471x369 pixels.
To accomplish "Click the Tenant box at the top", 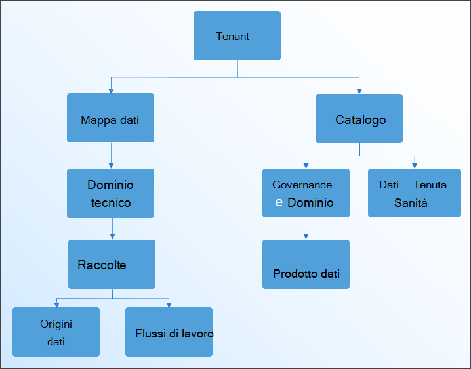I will click(x=237, y=35).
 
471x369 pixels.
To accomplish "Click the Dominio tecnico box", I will click(x=110, y=193).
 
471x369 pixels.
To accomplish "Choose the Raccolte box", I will click(x=112, y=264).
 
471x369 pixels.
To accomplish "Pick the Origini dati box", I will click(x=56, y=332).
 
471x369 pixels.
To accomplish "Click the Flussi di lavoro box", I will click(x=169, y=332).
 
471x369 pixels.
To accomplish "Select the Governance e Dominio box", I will click(x=306, y=193).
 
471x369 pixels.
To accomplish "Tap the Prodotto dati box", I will click(x=306, y=264).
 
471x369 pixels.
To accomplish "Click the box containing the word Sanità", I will click(x=414, y=193).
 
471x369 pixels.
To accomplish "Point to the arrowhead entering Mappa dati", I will click(x=111, y=89).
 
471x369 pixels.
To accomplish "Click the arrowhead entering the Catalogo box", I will click(x=359, y=90).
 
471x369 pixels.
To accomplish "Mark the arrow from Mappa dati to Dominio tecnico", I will click(x=111, y=156).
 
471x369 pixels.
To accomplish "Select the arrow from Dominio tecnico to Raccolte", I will click(x=112, y=228).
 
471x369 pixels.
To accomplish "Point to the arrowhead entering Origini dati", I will click(x=56, y=304).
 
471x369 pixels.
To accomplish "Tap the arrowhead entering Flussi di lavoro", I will click(x=169, y=304).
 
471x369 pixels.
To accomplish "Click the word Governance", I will click(x=302, y=185).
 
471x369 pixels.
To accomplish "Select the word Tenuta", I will click(x=430, y=185).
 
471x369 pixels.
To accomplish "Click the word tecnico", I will click(x=111, y=203).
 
